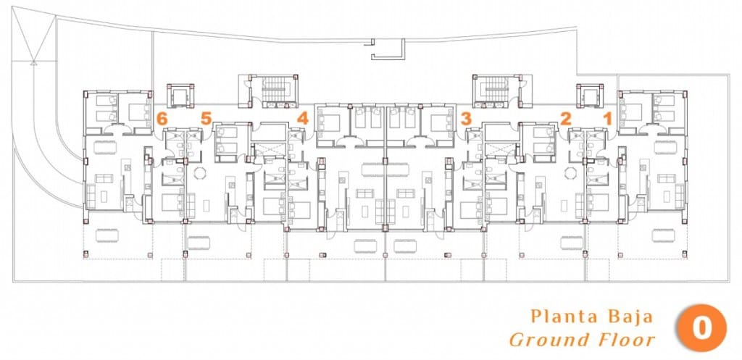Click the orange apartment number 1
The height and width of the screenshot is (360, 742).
609,117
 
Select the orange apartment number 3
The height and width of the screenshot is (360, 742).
466,117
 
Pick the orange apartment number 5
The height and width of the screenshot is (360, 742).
207,117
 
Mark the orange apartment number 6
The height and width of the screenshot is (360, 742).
162,117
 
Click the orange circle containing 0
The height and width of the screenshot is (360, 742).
701,328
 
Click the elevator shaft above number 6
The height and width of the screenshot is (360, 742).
180,95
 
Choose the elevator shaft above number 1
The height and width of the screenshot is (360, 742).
590,95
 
